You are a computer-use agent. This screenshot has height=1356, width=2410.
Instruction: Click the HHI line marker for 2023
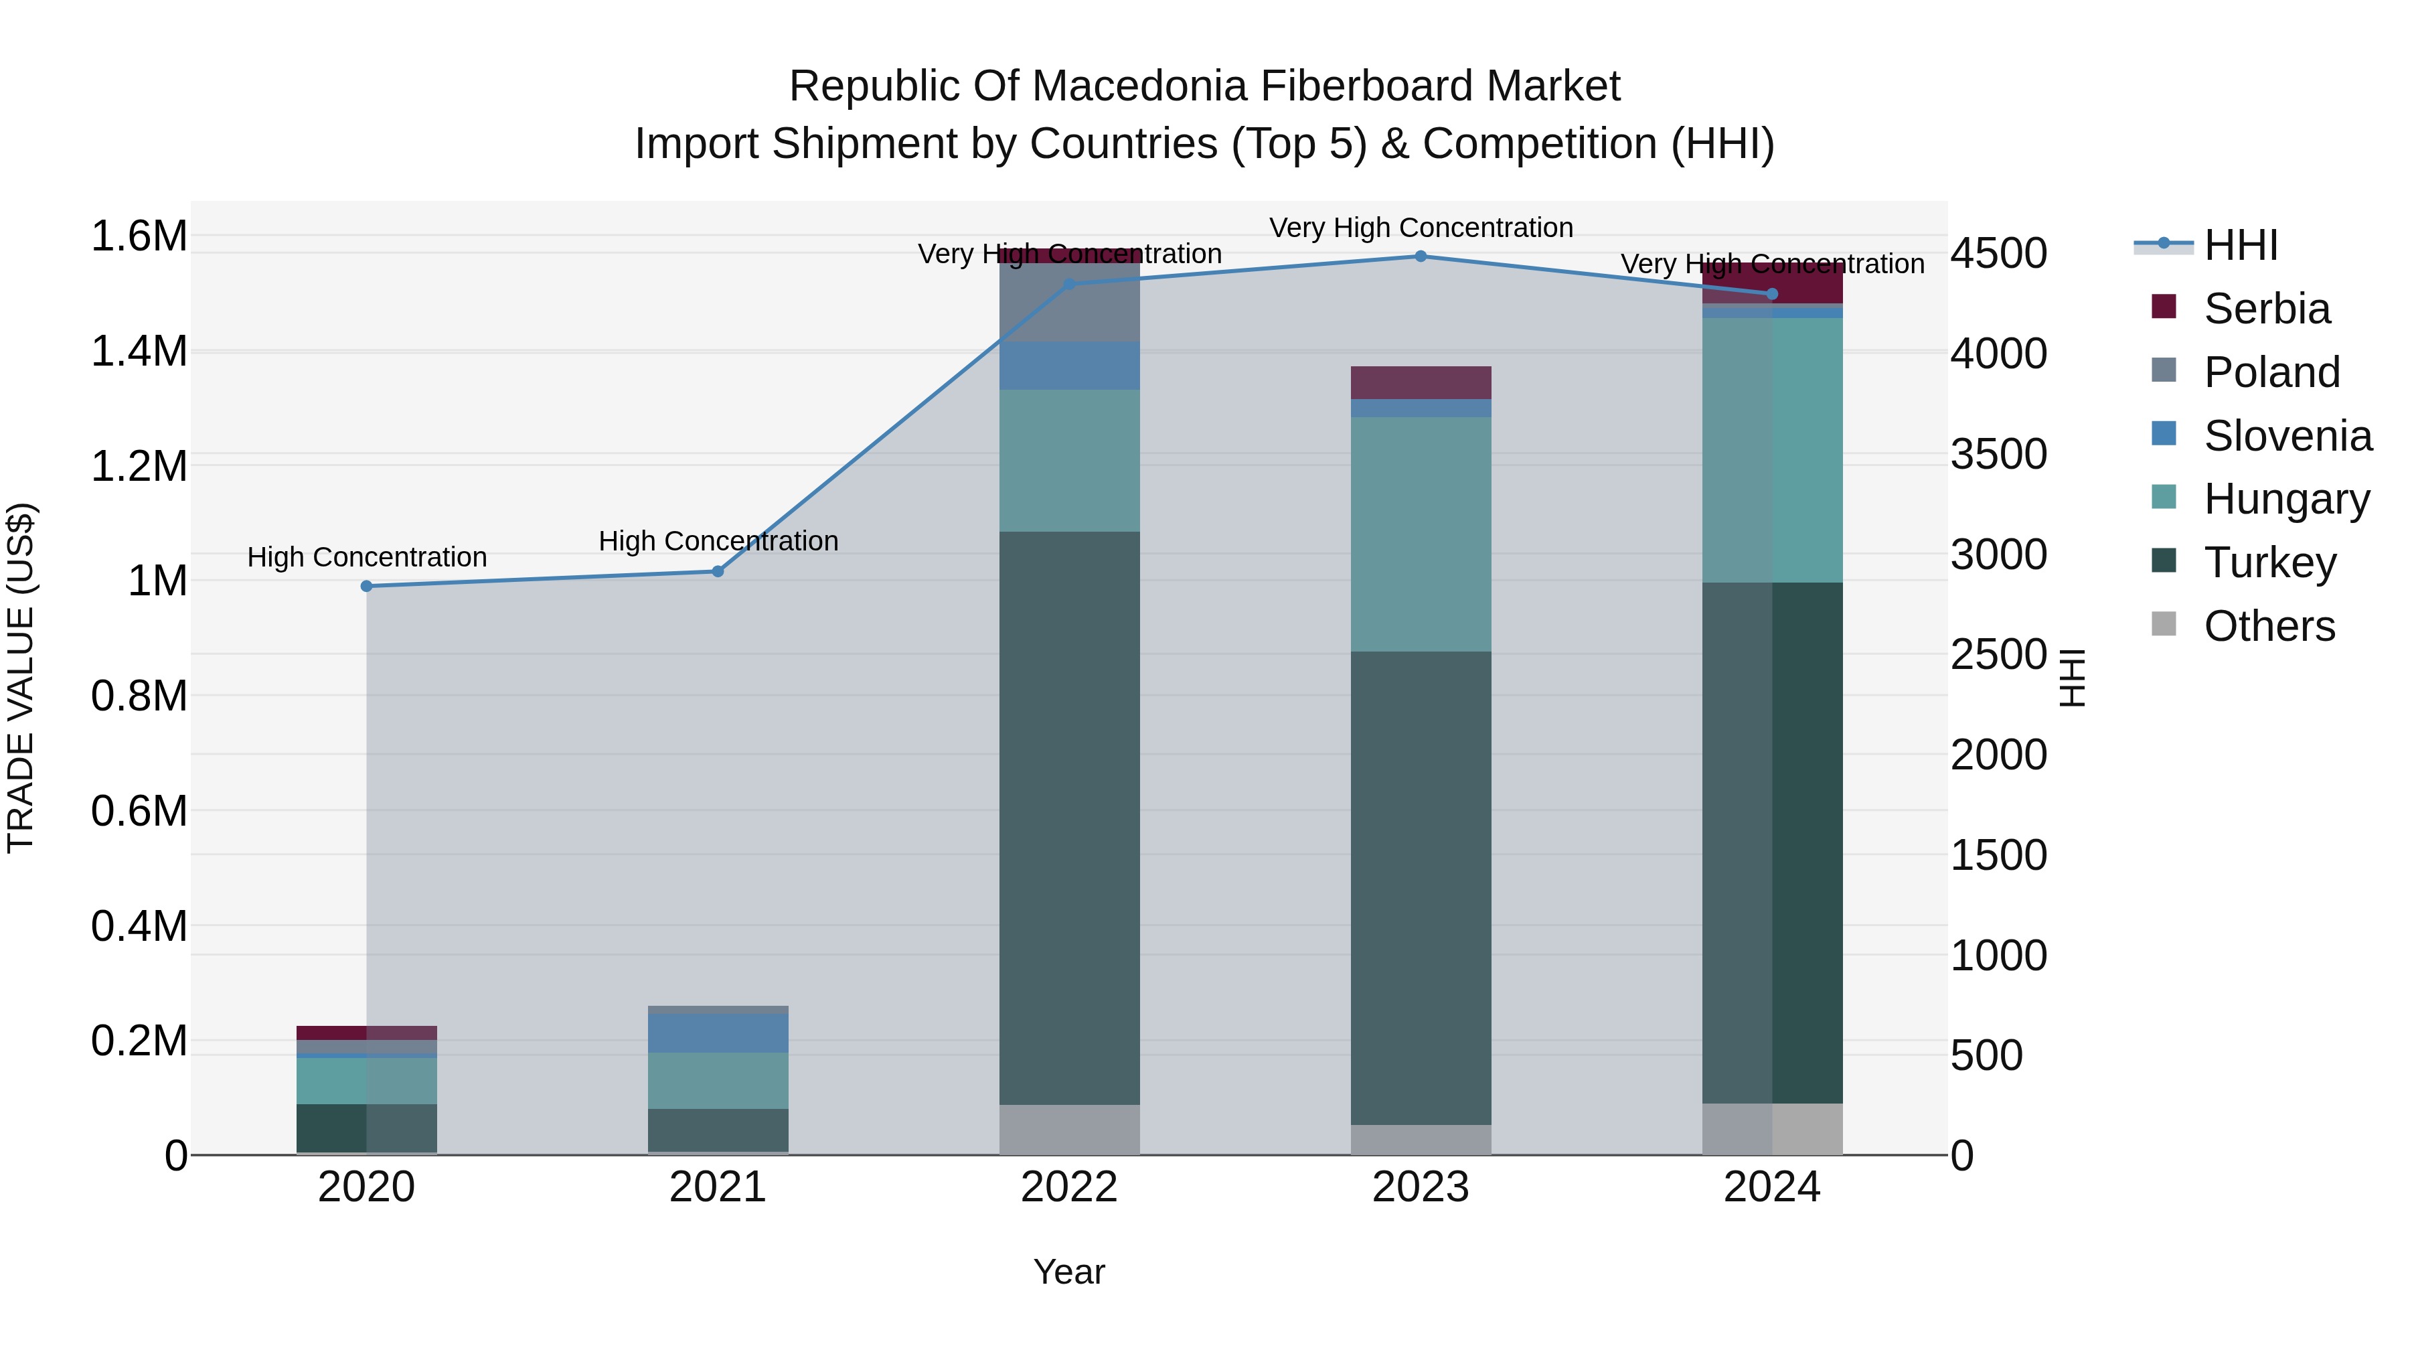pyautogui.click(x=1420, y=256)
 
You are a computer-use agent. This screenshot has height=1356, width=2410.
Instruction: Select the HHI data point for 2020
pyautogui.click(x=367, y=587)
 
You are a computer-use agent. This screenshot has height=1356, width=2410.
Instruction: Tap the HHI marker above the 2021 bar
pyautogui.click(x=718, y=572)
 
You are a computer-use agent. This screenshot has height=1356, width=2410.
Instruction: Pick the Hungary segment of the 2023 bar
pyautogui.click(x=1420, y=534)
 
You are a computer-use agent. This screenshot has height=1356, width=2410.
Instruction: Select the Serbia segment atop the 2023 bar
pyautogui.click(x=1420, y=383)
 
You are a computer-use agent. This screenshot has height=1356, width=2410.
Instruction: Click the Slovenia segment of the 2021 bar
pyautogui.click(x=718, y=1033)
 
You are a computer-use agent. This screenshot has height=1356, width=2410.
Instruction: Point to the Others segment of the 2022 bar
pyautogui.click(x=1069, y=1130)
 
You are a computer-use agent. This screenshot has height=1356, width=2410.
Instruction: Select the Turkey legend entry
pyautogui.click(x=2269, y=562)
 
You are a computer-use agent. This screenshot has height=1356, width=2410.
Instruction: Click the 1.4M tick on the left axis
pyautogui.click(x=139, y=352)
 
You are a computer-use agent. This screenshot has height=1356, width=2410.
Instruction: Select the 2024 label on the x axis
pyautogui.click(x=1771, y=1187)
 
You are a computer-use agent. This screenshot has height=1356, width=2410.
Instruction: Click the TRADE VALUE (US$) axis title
pyautogui.click(x=21, y=678)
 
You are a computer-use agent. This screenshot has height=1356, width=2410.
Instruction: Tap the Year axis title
pyautogui.click(x=1068, y=1272)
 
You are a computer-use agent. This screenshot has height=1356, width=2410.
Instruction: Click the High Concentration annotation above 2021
pyautogui.click(x=718, y=541)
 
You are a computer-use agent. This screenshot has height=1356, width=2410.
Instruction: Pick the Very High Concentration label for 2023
pyautogui.click(x=1420, y=228)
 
